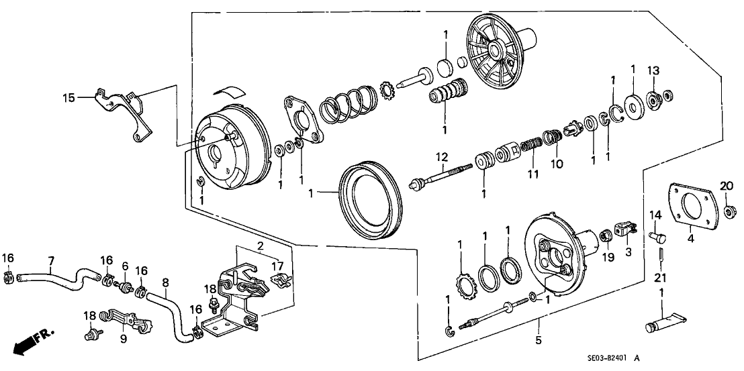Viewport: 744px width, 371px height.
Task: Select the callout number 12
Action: coord(440,157)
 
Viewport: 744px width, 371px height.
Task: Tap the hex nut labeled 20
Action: coord(729,213)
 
